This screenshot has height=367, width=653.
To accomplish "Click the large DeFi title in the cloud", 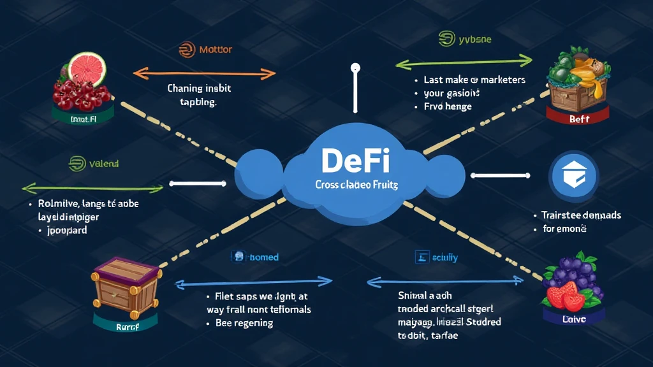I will pyautogui.click(x=355, y=161).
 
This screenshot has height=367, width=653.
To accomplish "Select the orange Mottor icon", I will pyautogui.click(x=186, y=50).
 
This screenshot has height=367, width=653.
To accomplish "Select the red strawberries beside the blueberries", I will pyautogui.click(x=565, y=296).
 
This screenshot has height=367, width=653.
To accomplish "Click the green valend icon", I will pyautogui.click(x=77, y=164).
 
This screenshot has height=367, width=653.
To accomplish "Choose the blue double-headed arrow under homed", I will pyautogui.click(x=253, y=281).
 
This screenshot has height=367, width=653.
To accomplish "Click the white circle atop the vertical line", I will pyautogui.click(x=355, y=68).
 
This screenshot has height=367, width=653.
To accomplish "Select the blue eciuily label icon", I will pyautogui.click(x=422, y=257).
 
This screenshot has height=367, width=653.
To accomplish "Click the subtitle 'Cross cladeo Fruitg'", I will pyautogui.click(x=356, y=185).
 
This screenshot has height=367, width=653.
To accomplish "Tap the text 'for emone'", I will pyautogui.click(x=564, y=228).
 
